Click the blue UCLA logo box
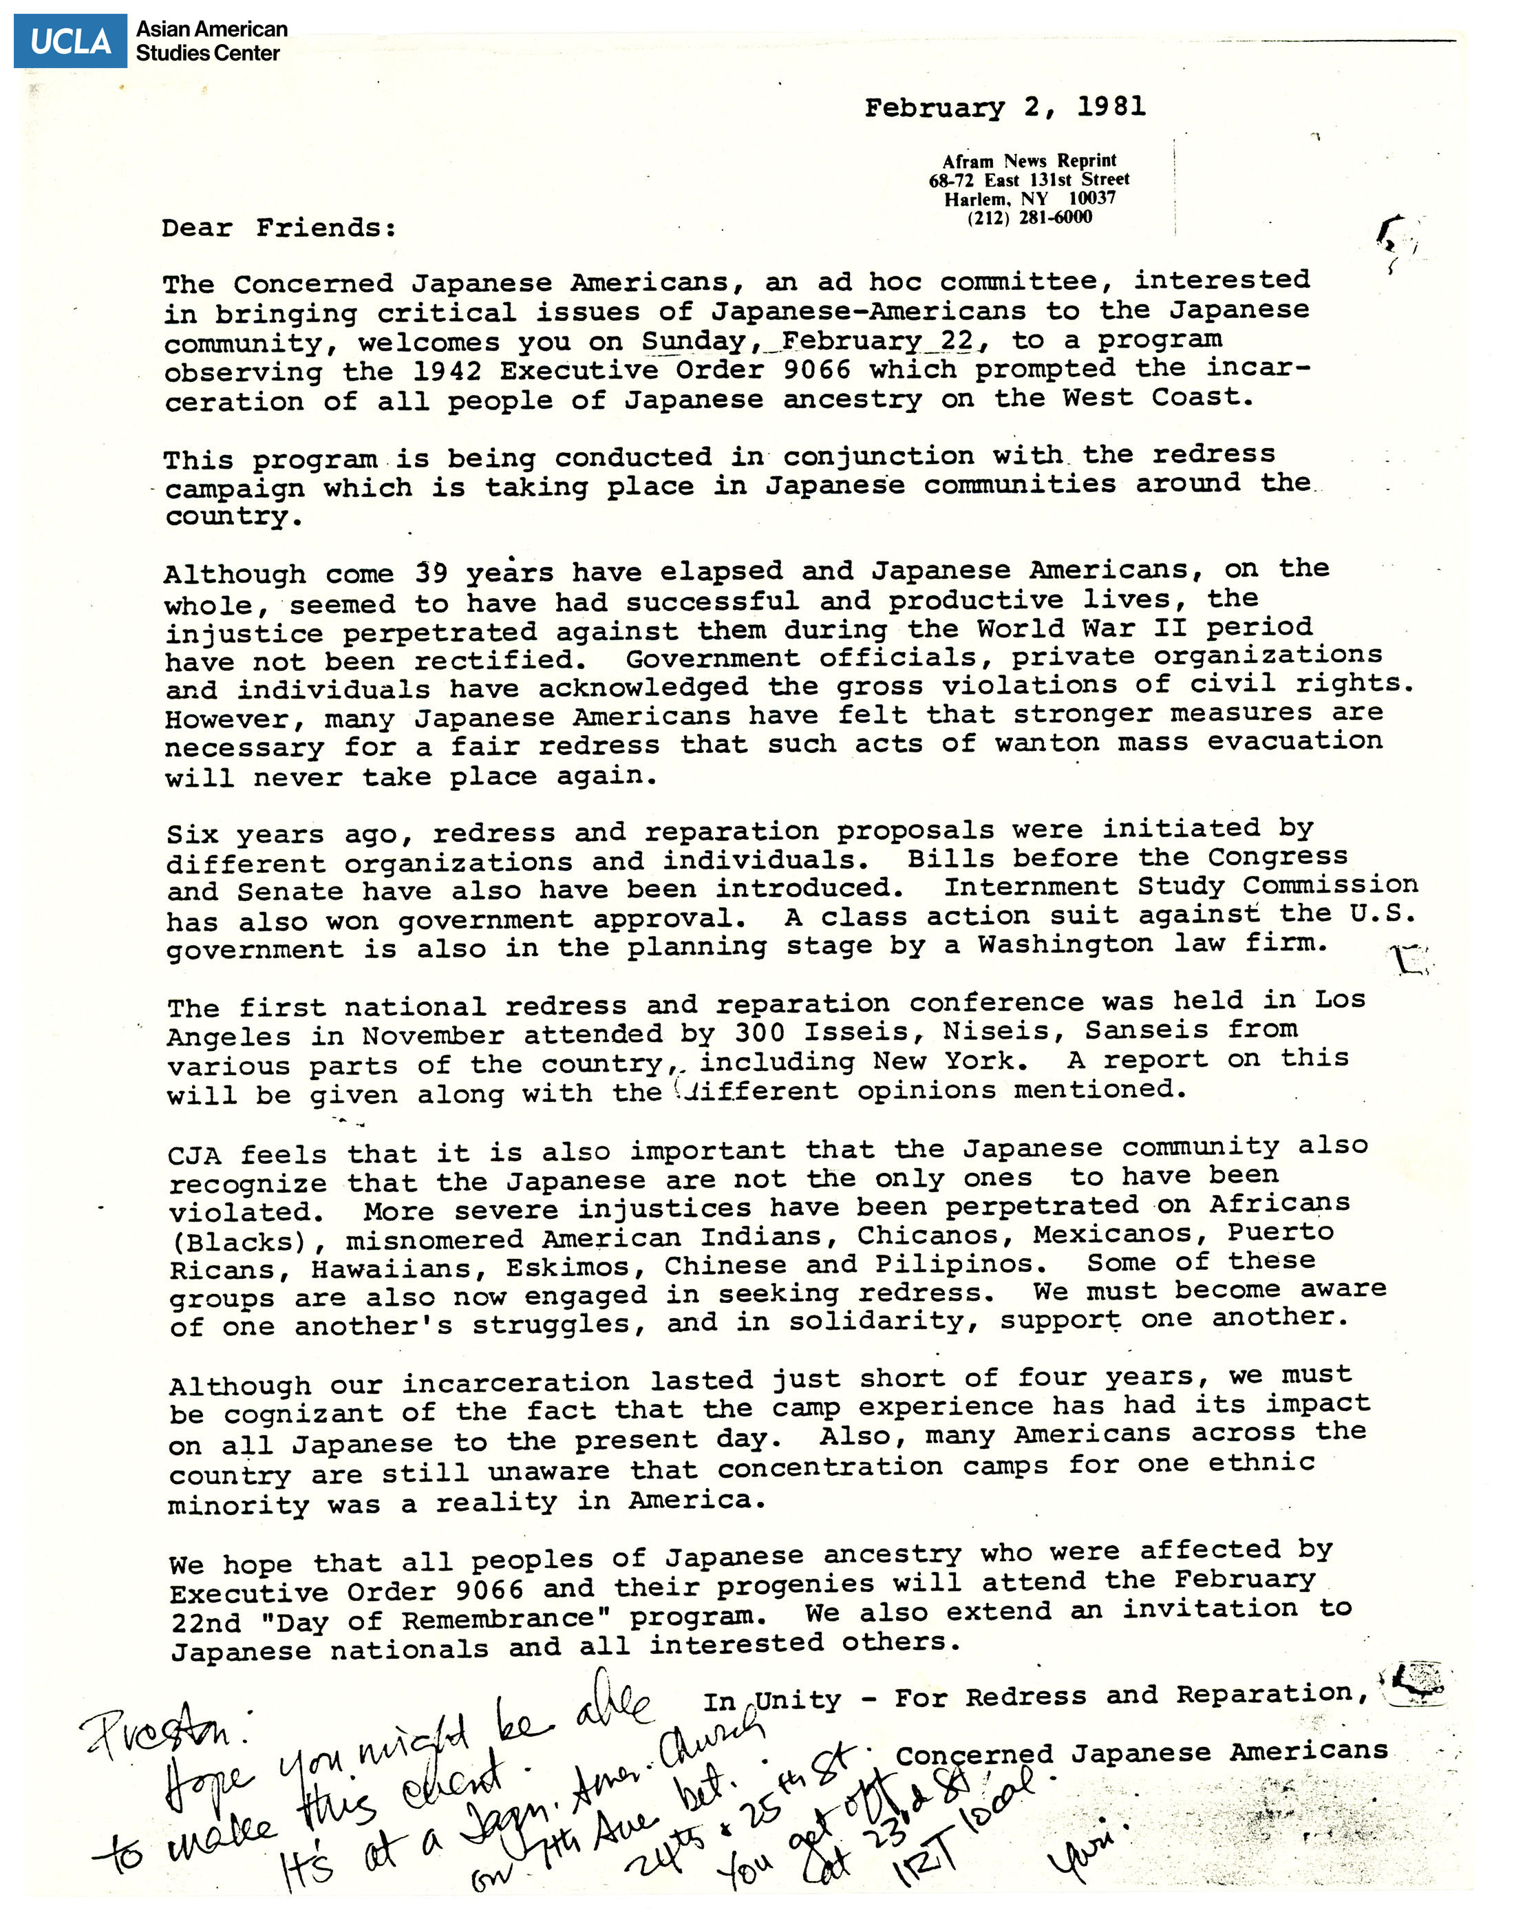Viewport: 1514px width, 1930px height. click(x=70, y=41)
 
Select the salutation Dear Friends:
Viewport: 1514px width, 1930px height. click(x=278, y=228)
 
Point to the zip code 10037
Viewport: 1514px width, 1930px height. click(x=1091, y=199)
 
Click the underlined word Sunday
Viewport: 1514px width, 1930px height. click(x=694, y=341)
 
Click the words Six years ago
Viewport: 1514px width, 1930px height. click(x=290, y=834)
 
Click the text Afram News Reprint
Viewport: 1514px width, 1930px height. click(x=1029, y=161)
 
